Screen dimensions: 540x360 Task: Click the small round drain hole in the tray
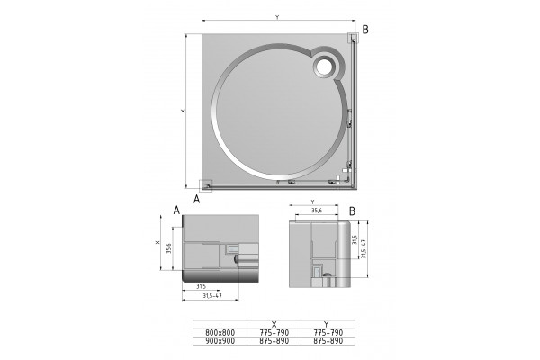pos(324,66)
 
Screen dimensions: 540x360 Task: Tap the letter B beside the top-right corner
pos(365,30)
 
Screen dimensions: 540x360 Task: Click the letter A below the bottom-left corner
pos(196,199)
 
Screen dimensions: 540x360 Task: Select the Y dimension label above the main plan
pos(277,18)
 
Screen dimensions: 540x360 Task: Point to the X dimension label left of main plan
pos(184,111)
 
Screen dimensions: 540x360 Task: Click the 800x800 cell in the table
pos(220,333)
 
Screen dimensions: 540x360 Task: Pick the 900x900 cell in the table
pos(220,341)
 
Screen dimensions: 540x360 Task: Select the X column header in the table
pos(274,325)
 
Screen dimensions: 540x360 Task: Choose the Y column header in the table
pos(327,325)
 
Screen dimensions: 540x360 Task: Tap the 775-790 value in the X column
pos(274,333)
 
